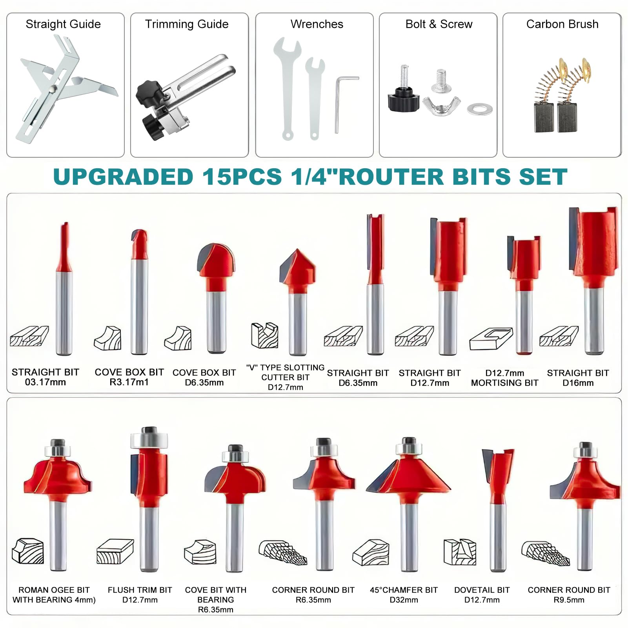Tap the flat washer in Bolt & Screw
480,109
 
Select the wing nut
441,106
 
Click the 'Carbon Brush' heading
562,24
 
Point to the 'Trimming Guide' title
187,24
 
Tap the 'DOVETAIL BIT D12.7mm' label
482,595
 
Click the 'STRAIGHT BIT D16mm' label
578,378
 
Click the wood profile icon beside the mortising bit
491,339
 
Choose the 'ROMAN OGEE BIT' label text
54,590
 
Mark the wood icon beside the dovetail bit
460,552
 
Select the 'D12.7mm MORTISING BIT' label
504,378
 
